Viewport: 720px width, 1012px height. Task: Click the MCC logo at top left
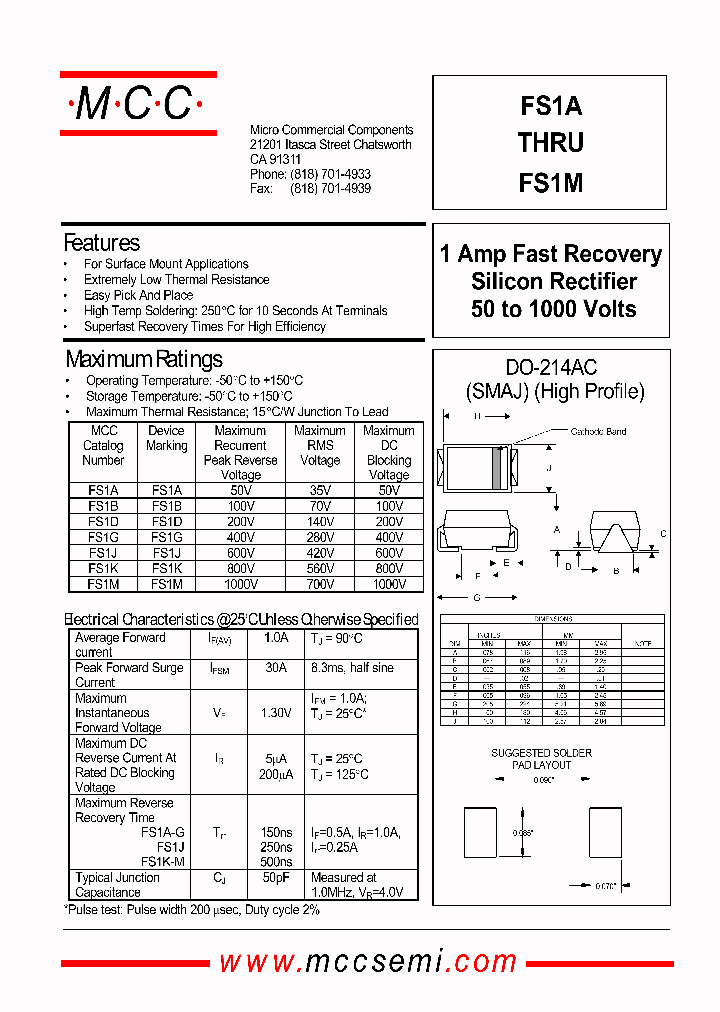138,103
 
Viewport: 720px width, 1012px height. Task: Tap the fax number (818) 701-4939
330,188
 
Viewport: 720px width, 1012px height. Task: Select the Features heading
101,243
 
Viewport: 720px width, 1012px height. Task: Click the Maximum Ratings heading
144,359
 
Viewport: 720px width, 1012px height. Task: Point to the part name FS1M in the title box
551,183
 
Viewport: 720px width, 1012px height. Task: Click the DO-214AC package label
551,368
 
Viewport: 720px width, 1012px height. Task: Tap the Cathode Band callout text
598,432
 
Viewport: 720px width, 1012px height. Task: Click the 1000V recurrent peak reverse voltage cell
240,584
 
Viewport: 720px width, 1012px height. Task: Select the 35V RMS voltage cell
320,491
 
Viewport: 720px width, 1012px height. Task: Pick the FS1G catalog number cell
103,537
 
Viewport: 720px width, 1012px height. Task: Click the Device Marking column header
166,438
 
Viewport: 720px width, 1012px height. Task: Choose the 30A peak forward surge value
275,668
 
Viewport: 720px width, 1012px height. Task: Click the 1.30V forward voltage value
275,713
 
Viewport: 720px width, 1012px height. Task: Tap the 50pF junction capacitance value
275,878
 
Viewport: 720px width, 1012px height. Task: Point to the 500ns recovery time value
275,862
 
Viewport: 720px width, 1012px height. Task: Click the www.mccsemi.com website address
367,962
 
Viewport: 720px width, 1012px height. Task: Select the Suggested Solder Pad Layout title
541,759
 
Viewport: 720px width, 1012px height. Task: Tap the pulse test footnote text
192,909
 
